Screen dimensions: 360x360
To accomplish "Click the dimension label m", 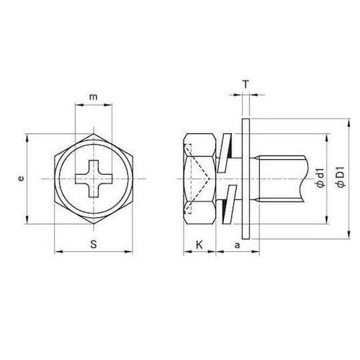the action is point(94,97).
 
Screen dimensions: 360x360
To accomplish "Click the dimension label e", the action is point(22,179).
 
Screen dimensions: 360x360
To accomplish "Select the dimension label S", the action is point(94,244).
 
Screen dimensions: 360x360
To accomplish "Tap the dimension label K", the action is point(199,245).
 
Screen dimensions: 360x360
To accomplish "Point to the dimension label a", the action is point(237,246).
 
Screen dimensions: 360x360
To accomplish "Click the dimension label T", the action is point(246,84).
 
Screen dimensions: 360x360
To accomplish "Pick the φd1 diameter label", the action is point(320,178).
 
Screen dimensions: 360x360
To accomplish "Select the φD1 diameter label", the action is point(341,176).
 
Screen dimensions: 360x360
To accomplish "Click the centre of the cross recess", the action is point(94,179).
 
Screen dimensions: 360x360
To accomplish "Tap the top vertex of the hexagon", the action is point(94,134).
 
